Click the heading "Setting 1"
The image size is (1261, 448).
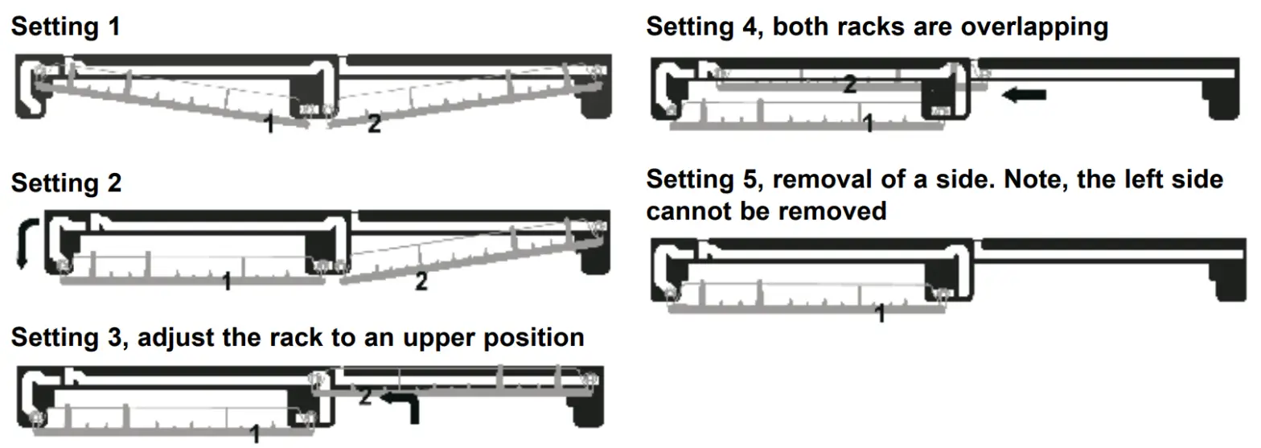[66, 27]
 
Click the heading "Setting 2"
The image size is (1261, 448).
[66, 183]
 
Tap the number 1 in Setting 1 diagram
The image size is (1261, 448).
[271, 124]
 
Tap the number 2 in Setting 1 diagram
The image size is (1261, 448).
[374, 124]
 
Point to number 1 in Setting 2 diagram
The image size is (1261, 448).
[227, 282]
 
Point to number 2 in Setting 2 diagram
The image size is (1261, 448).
[421, 282]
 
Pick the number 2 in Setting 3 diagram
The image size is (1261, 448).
[364, 396]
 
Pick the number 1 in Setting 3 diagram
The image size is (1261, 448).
[255, 435]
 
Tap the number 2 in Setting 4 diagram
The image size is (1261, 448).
[848, 84]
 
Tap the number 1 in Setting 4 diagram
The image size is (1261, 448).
[867, 123]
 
